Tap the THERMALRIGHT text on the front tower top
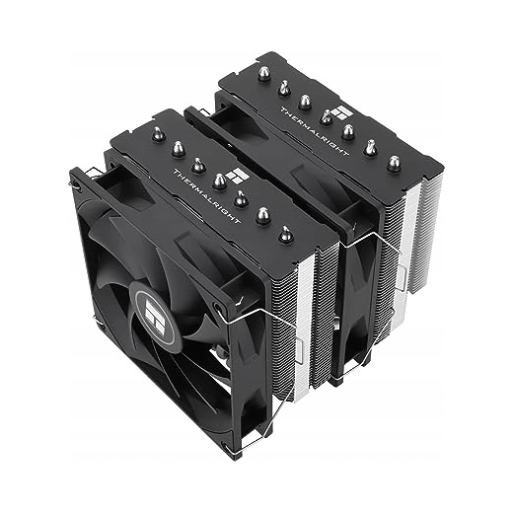coord(206,197)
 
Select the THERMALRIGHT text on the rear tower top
coord(315,130)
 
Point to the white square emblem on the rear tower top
coord(343,113)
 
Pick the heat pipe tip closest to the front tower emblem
coord(219,181)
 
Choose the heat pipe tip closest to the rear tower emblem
coord(326,116)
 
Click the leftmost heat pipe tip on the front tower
coord(158,133)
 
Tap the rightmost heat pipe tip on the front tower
coord(284,234)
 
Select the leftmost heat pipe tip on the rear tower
coord(263,74)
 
